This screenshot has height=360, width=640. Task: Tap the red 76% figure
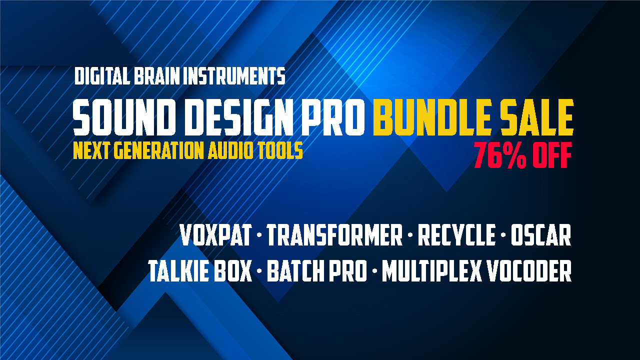pos(500,155)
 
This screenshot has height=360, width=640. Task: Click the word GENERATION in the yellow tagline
pos(159,150)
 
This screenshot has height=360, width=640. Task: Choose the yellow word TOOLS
pos(280,150)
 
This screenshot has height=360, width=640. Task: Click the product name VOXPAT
pos(216,235)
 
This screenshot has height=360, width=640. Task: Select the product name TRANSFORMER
pos(334,235)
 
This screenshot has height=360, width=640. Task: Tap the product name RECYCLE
pos(456,235)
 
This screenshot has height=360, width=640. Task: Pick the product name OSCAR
pos(541,235)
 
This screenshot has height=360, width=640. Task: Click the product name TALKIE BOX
pos(200,271)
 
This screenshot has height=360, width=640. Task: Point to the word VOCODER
pos(529,271)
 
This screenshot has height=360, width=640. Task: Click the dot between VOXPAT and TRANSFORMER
pos(259,235)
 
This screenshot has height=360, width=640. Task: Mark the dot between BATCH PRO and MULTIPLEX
pos(374,271)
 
